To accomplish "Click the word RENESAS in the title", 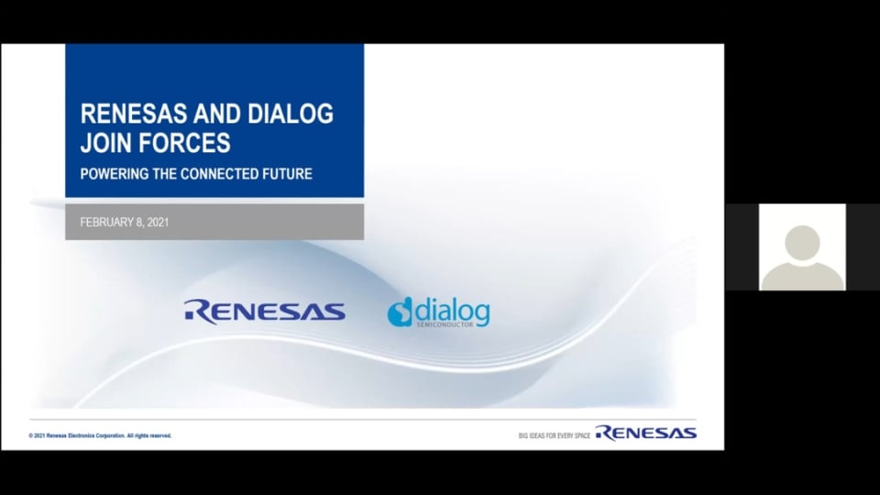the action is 134,114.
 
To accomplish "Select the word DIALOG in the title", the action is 291,114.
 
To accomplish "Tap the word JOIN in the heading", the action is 106,143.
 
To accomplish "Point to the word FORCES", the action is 184,143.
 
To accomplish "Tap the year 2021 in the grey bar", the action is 158,222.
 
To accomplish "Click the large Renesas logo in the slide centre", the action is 264,312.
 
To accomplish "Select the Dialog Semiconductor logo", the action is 438,312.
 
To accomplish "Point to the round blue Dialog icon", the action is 400,312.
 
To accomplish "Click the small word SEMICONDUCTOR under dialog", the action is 445,324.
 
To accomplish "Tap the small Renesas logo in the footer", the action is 646,433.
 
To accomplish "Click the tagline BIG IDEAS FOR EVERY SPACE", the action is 555,435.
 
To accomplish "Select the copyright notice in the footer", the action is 101,435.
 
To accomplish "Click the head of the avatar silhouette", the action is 802,243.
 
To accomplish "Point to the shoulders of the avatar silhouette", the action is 802,277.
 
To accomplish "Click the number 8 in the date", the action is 139,222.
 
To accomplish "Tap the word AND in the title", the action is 217,114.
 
